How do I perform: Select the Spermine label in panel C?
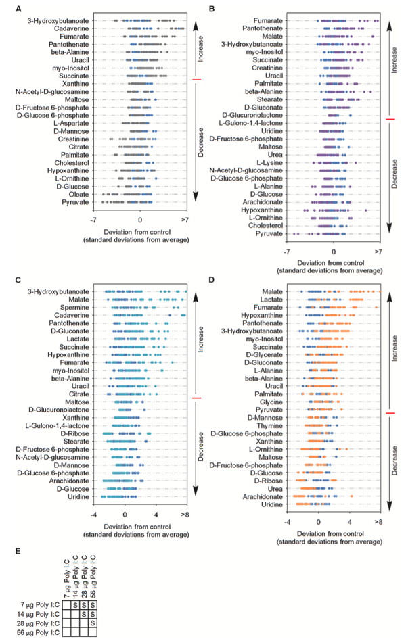[x=76, y=308]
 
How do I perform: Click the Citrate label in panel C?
[x=80, y=394]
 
